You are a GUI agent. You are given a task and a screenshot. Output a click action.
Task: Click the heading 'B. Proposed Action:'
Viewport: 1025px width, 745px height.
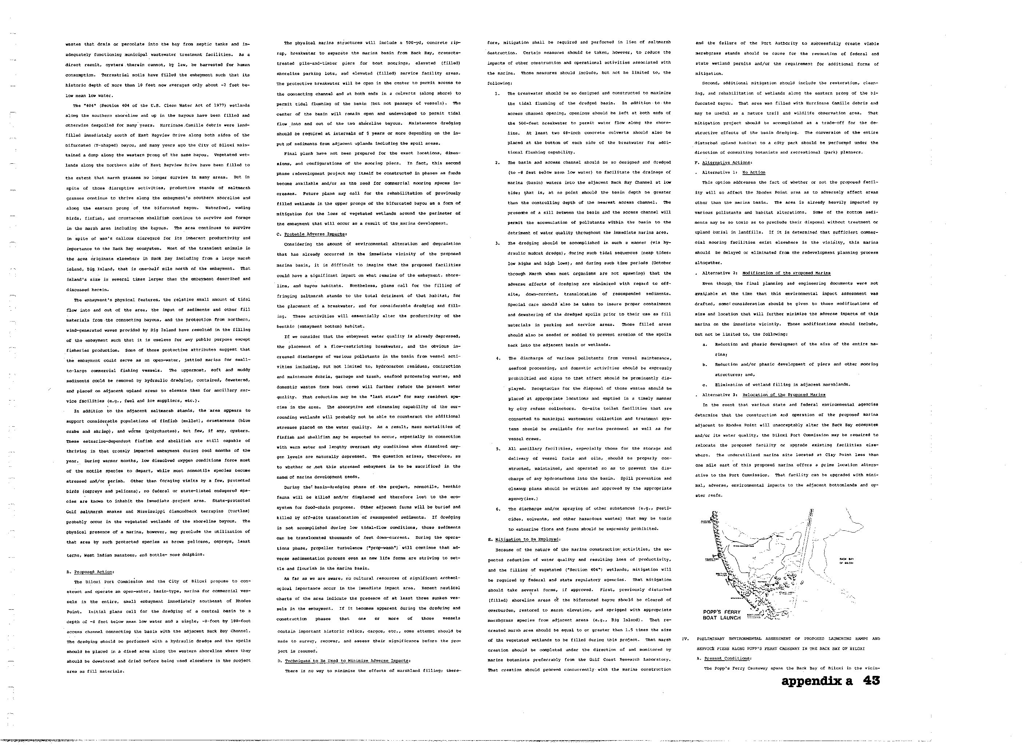pos(90,571)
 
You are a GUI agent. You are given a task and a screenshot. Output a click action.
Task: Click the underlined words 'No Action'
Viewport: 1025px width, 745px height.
pos(754,172)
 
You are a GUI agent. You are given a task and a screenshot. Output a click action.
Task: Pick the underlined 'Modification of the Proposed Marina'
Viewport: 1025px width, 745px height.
pos(786,273)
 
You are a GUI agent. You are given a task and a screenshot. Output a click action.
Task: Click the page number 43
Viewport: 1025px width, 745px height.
pos(870,681)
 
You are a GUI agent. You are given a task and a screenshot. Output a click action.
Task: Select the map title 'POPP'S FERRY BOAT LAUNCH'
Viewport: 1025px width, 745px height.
pos(722,615)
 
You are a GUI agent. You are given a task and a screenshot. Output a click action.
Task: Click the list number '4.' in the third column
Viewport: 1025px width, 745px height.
pos(497,358)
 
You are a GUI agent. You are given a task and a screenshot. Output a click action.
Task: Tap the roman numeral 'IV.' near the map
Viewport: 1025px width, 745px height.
pos(685,639)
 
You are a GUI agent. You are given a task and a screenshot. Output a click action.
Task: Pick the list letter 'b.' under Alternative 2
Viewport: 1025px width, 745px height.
pos(705,364)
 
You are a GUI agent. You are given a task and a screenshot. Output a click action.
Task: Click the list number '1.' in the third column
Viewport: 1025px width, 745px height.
pos(497,93)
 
